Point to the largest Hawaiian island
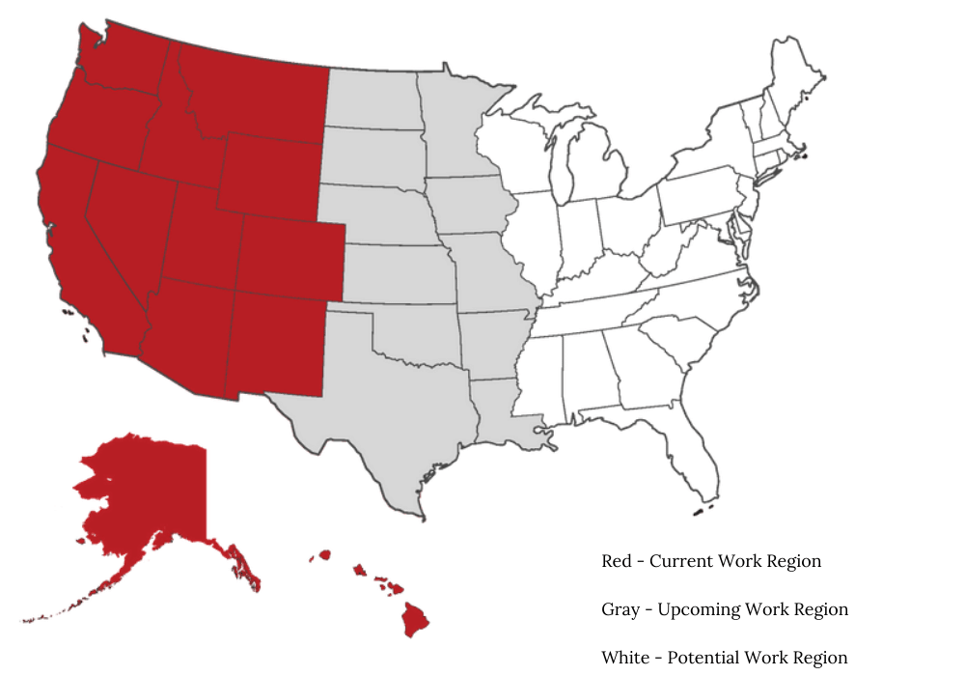click(x=417, y=619)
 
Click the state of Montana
click(x=256, y=92)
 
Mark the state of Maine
click(x=796, y=82)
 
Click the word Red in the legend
click(x=618, y=561)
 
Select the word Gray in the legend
click(x=620, y=609)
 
